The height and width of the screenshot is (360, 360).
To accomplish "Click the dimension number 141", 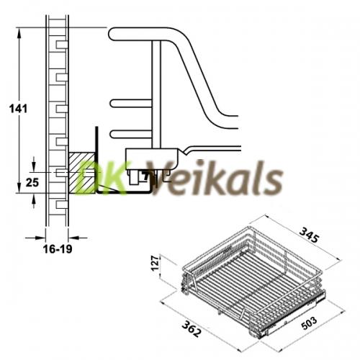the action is tap(18, 109).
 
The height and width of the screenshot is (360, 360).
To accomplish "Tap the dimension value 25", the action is tap(32, 183).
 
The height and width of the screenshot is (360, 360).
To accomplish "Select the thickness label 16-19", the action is tap(58, 249).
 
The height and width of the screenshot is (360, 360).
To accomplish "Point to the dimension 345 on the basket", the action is tap(310, 235).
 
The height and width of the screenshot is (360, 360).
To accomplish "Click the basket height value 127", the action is tap(156, 264).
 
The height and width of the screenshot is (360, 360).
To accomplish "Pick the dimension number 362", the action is tap(191, 329).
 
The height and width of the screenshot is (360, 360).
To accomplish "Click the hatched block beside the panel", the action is tap(82, 173).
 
